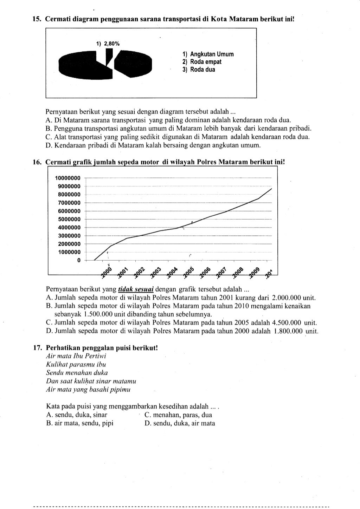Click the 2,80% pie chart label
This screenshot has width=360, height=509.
(108, 44)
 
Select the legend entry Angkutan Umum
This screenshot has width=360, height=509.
(208, 54)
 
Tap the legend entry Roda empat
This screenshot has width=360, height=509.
(202, 62)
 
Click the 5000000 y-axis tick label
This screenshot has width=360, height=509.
(69, 219)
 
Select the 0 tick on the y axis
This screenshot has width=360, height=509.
(79, 260)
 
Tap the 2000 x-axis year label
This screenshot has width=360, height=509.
(106, 273)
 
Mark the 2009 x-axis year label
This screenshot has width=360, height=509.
(255, 273)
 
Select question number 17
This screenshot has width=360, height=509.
(38, 348)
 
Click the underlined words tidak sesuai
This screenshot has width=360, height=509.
(136, 289)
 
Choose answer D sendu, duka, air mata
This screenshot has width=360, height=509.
(180, 423)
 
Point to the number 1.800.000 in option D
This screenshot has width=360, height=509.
(288, 331)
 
